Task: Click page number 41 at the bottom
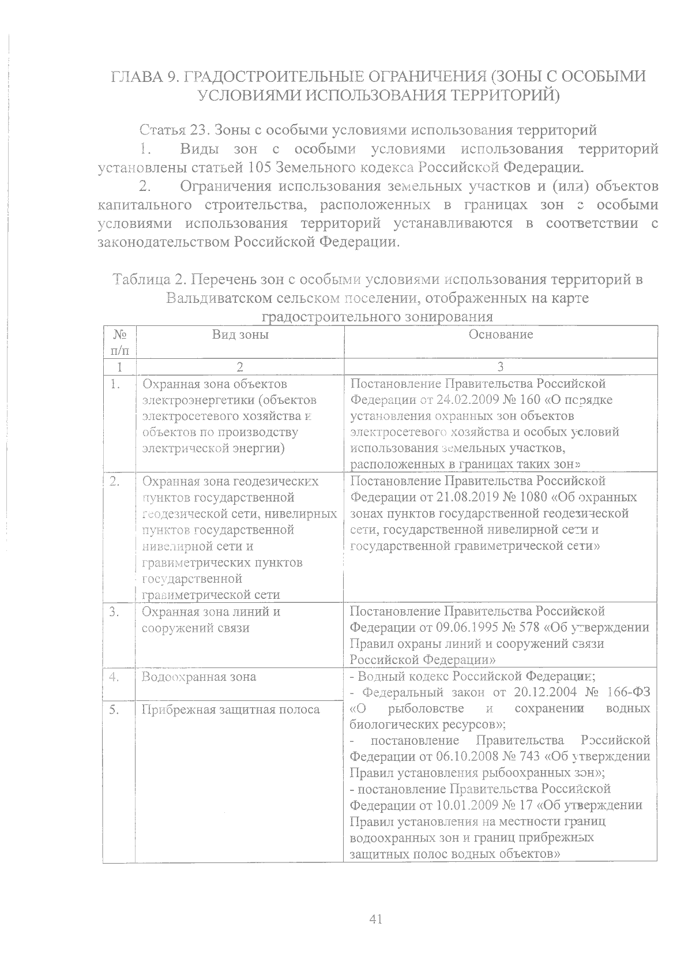click(x=375, y=919)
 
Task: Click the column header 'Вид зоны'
click(x=240, y=334)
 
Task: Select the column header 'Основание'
click(x=501, y=334)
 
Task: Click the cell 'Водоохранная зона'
click(x=199, y=677)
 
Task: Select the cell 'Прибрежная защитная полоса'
click(x=231, y=709)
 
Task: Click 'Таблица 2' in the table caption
click(x=147, y=280)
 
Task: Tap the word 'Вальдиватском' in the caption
click(x=216, y=298)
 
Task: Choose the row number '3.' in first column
click(x=113, y=612)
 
